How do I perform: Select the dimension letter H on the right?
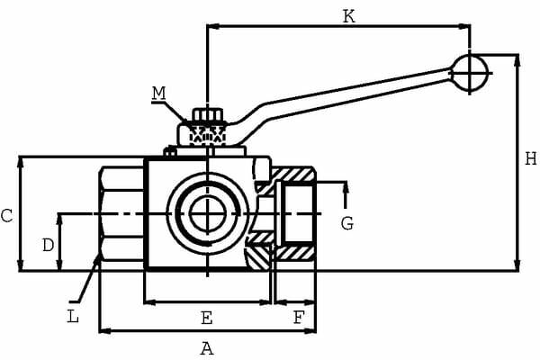(530, 158)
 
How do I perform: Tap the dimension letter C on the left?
(6, 216)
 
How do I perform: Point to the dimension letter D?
(49, 244)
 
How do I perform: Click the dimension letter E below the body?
(206, 318)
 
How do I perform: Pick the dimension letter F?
(298, 318)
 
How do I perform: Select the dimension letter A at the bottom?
(206, 348)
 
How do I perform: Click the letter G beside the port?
(346, 223)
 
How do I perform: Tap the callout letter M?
(159, 92)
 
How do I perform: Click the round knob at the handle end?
(471, 73)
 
